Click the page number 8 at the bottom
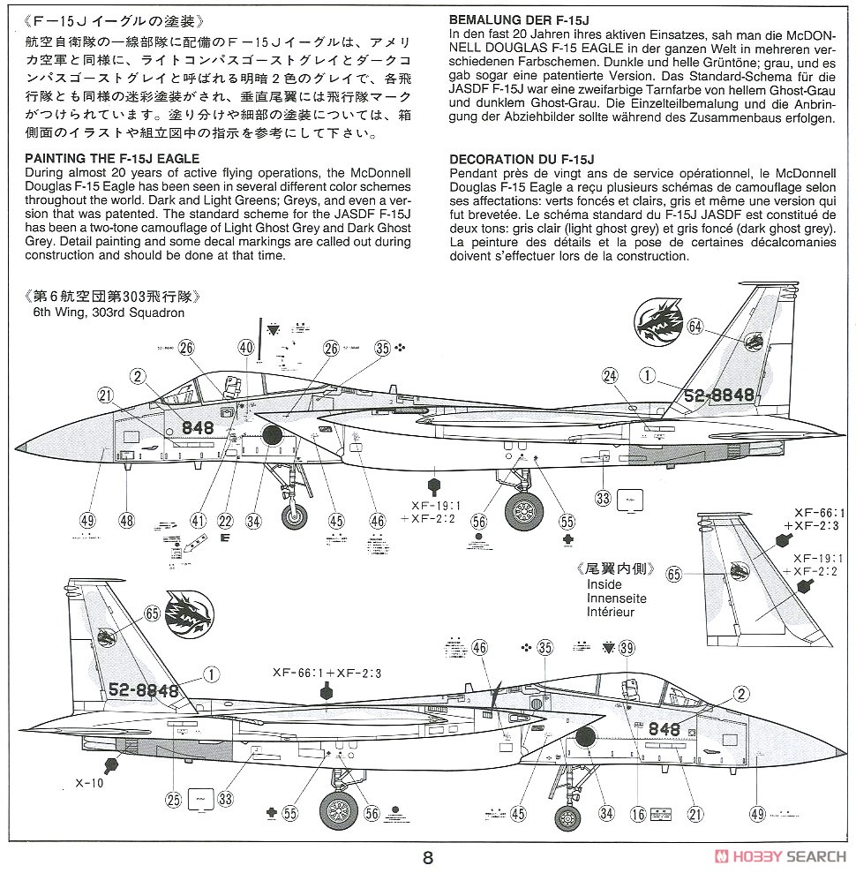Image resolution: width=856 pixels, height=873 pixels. pyautogui.click(x=428, y=857)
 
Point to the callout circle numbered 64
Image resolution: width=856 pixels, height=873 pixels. pyautogui.click(x=695, y=327)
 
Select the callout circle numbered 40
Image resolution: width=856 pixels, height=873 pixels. pyautogui.click(x=246, y=348)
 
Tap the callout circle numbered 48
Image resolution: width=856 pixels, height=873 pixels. pyautogui.click(x=126, y=521)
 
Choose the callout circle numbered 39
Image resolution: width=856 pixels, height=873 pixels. pyautogui.click(x=627, y=649)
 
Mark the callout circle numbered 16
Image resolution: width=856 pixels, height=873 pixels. pyautogui.click(x=638, y=813)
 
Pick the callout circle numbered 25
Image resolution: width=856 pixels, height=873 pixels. pyautogui.click(x=174, y=799)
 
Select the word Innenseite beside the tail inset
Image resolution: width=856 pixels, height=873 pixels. pyautogui.click(x=616, y=598)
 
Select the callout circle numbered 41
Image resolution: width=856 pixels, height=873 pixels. pyautogui.click(x=197, y=521)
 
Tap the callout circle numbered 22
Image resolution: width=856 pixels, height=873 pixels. pyautogui.click(x=225, y=521)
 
